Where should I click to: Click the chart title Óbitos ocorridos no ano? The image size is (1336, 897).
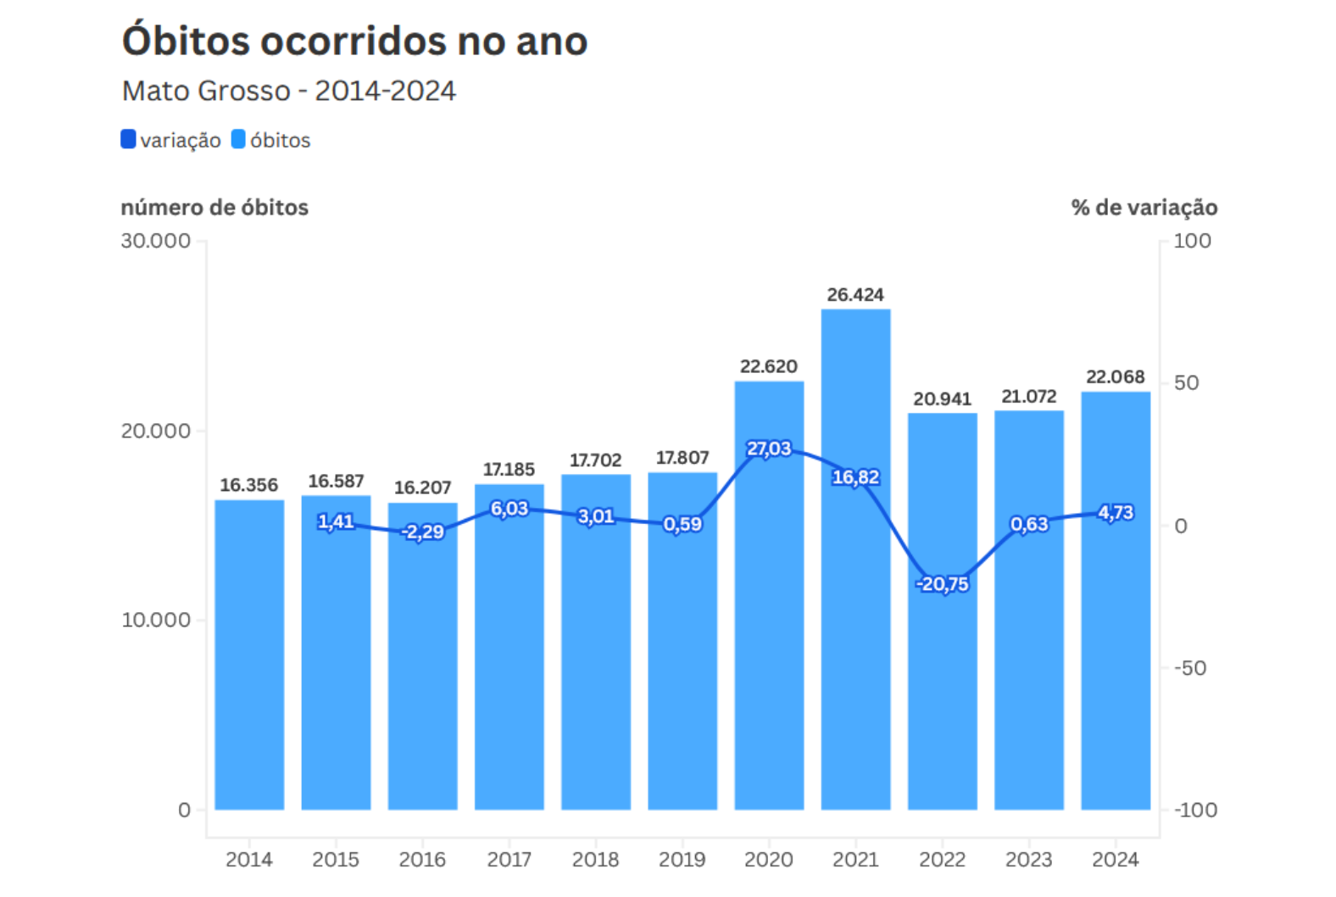click(x=354, y=41)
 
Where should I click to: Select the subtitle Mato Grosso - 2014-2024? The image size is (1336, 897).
click(x=288, y=91)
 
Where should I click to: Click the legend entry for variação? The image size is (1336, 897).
click(x=171, y=140)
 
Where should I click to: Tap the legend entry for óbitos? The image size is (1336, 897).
click(x=271, y=140)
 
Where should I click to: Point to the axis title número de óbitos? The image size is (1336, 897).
click(x=214, y=208)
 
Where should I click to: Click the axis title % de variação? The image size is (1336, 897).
click(x=1144, y=208)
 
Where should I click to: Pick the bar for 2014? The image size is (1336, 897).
click(x=249, y=653)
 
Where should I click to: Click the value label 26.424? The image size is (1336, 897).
click(x=855, y=295)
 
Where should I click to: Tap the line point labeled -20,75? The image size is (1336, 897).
click(x=942, y=583)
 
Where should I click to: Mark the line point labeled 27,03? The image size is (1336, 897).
click(x=769, y=448)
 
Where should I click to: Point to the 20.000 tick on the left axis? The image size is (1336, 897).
click(x=156, y=431)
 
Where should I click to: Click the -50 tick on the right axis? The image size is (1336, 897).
click(x=1189, y=668)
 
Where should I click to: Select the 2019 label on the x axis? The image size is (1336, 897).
click(x=682, y=860)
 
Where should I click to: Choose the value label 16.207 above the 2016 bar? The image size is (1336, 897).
click(x=422, y=487)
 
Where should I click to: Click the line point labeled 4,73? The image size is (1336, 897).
click(x=1115, y=512)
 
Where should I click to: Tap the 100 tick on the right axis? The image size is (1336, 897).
click(x=1192, y=242)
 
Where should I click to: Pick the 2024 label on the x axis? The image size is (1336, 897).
click(x=1115, y=860)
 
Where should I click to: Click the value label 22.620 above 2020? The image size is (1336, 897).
click(x=768, y=366)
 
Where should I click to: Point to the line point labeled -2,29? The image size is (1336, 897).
click(x=422, y=532)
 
